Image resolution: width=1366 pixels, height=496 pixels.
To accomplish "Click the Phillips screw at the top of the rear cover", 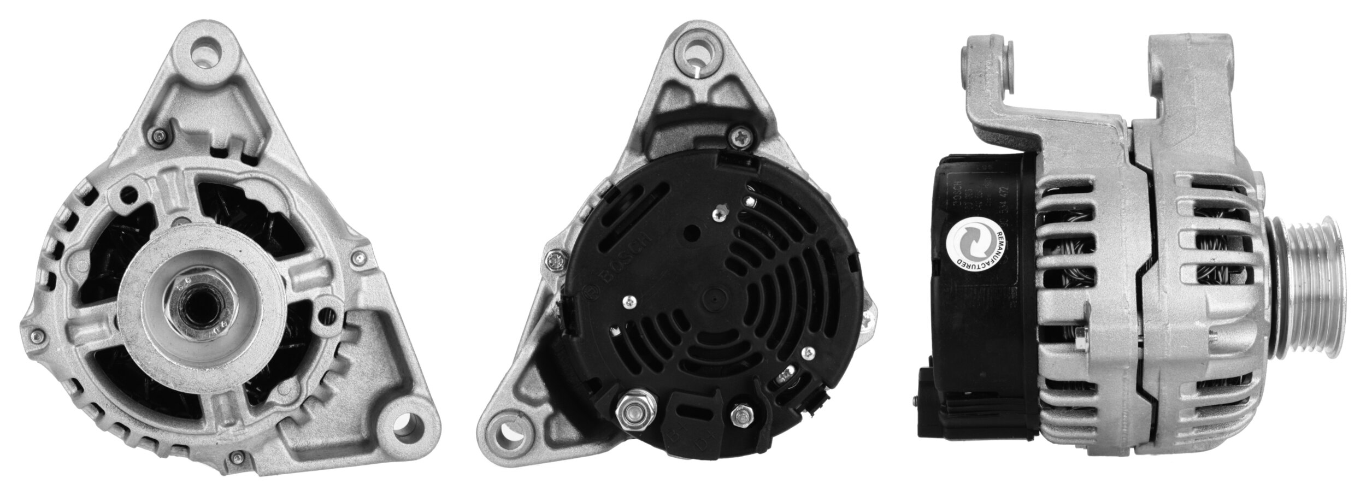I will pyautogui.click(x=741, y=137).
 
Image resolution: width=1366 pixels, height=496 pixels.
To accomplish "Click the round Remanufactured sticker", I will pyautogui.click(x=979, y=240).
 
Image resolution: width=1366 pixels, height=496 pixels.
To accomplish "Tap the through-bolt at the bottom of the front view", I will pyautogui.click(x=235, y=456).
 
